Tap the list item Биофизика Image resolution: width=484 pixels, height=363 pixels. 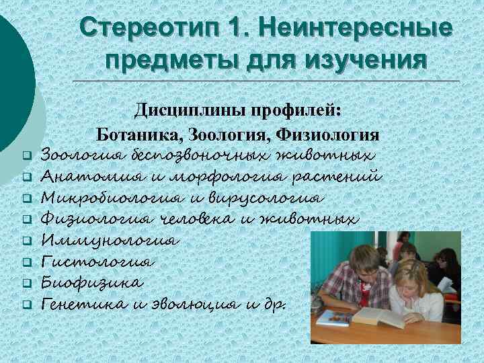(x=91, y=282)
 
